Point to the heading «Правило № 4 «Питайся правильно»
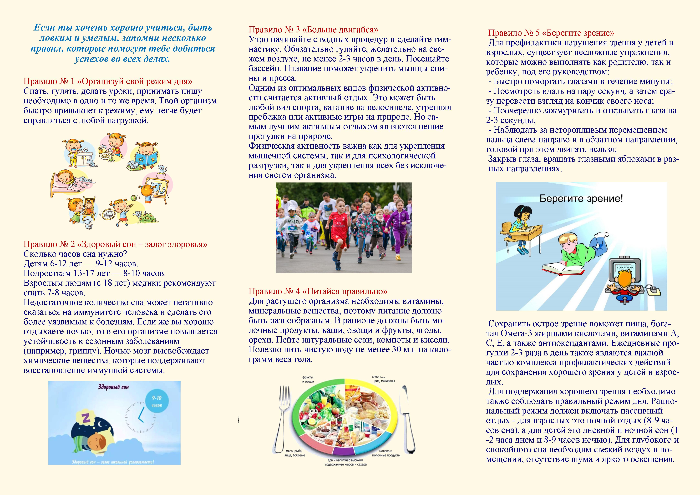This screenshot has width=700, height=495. tap(318, 291)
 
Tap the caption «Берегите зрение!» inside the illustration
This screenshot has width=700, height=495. tap(581, 199)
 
